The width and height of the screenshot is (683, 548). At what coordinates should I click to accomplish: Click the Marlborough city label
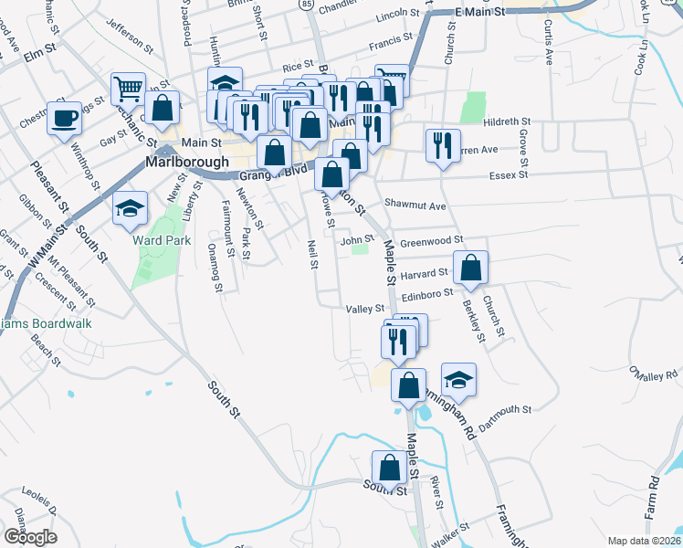click(x=187, y=162)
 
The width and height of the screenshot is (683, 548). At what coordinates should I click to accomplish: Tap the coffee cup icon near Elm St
click(x=64, y=118)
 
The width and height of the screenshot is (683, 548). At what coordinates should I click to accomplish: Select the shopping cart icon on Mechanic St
click(x=128, y=90)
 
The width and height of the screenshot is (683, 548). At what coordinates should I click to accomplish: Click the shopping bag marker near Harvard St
click(x=471, y=268)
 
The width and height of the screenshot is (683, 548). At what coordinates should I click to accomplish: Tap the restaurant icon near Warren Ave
click(x=440, y=145)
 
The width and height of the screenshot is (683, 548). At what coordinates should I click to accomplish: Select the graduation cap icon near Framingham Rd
click(x=458, y=379)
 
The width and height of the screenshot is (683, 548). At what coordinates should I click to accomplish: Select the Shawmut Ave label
click(x=415, y=205)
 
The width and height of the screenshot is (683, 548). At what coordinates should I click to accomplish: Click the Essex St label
click(x=510, y=174)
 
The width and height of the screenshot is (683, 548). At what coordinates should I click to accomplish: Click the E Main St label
click(x=479, y=13)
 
